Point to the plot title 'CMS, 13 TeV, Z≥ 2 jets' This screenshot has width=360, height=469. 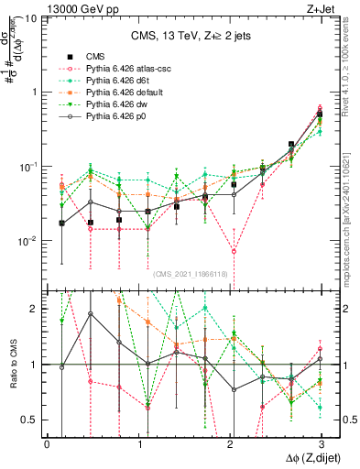(187, 37)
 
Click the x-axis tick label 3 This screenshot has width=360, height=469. (323, 442)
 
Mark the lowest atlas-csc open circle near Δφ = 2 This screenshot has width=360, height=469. (235, 251)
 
